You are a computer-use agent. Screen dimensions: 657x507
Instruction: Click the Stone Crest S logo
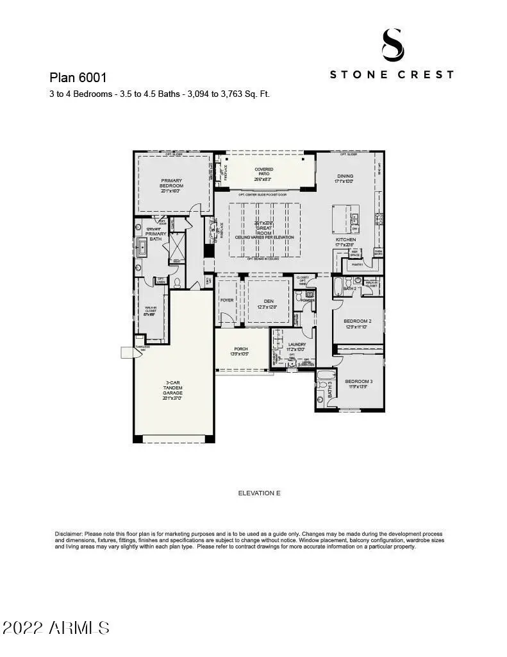(392, 45)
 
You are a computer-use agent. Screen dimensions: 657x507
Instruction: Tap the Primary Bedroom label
(171, 184)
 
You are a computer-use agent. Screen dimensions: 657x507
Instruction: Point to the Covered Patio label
(264, 171)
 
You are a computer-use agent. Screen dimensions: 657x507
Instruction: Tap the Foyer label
(227, 300)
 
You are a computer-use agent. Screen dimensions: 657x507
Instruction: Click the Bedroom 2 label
(357, 321)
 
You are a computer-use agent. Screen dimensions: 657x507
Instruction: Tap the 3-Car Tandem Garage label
(171, 391)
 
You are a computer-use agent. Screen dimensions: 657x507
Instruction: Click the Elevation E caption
(259, 493)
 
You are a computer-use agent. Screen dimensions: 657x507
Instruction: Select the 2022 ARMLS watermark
(56, 627)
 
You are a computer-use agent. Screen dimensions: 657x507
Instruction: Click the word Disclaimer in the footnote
(67, 534)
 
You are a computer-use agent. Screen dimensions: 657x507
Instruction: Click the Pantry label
(357, 264)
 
